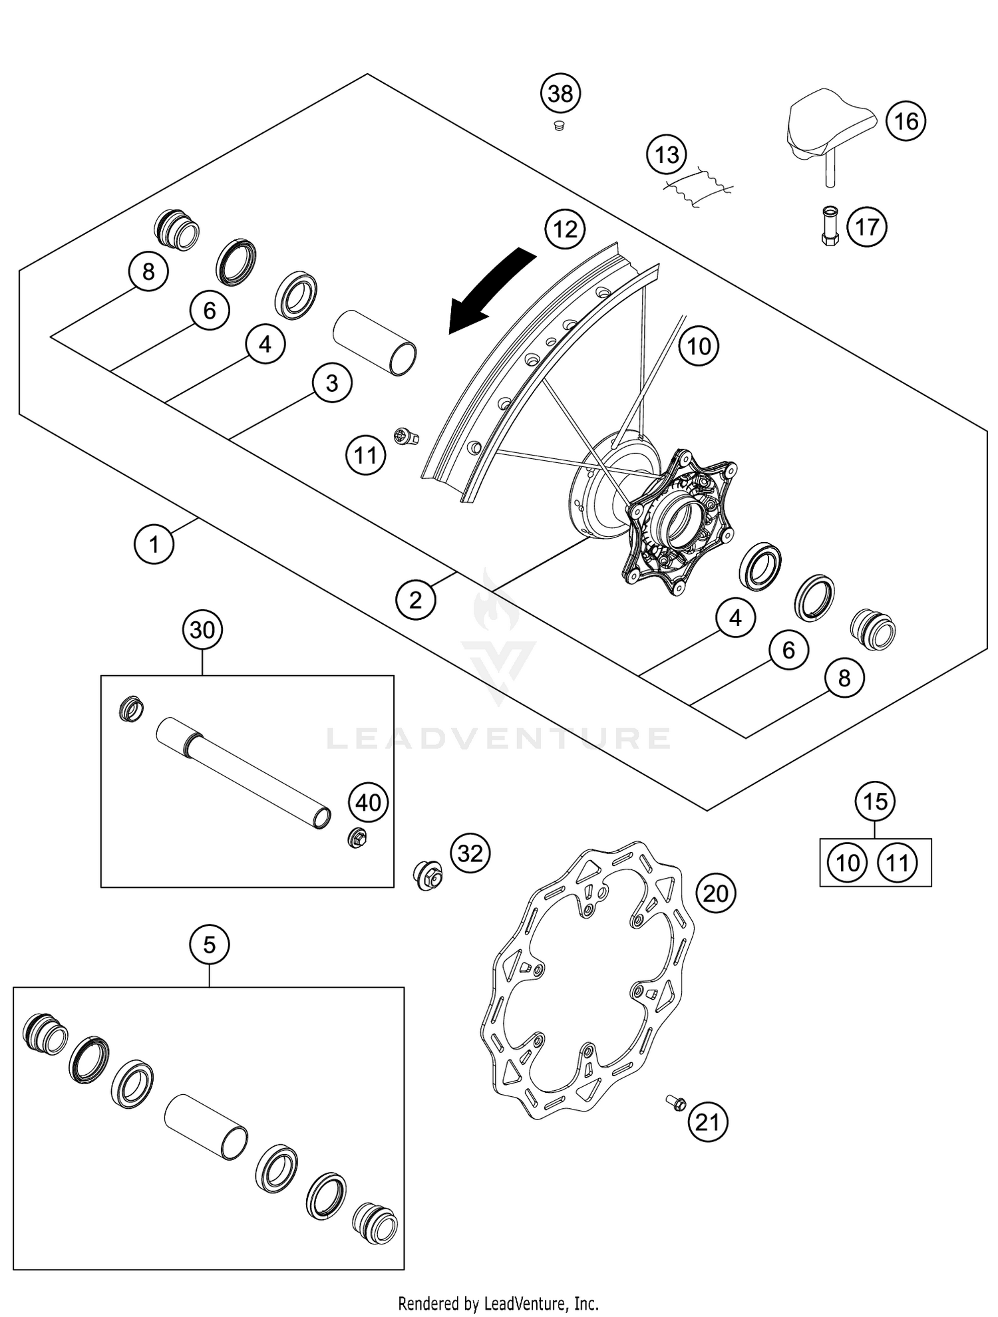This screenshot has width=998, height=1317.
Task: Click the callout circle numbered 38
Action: (x=560, y=94)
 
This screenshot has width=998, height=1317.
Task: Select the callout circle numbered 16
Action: (x=906, y=122)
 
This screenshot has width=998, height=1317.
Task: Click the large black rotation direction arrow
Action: (x=491, y=289)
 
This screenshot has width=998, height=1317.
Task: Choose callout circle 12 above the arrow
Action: (x=565, y=229)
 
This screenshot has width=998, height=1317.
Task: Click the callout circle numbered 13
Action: (x=667, y=155)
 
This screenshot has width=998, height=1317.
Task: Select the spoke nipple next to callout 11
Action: (x=406, y=436)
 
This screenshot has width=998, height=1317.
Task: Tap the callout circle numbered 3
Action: (x=332, y=383)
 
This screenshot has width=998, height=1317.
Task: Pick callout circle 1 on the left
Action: (x=154, y=544)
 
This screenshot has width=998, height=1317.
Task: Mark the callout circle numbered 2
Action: (x=415, y=600)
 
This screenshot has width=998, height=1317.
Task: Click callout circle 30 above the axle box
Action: (x=202, y=629)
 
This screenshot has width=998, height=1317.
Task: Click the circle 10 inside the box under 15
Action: (x=848, y=863)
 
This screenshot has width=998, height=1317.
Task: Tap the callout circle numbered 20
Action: (x=715, y=893)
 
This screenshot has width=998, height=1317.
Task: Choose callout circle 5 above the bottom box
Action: (x=209, y=945)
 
